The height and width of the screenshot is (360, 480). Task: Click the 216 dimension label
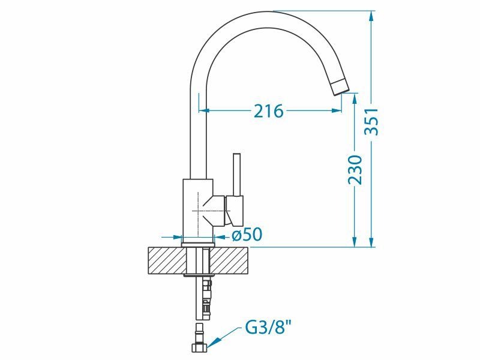tap(268, 111)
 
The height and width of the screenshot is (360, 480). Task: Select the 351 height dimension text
tap(371, 121)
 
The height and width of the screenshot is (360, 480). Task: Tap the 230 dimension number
tap(355, 170)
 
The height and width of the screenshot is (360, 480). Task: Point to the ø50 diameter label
tap(247, 235)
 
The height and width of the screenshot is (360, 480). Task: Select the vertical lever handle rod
tap(236, 174)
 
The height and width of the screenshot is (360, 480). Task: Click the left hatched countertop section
tap(167, 260)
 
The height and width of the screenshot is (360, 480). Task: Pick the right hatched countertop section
tap(230, 260)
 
